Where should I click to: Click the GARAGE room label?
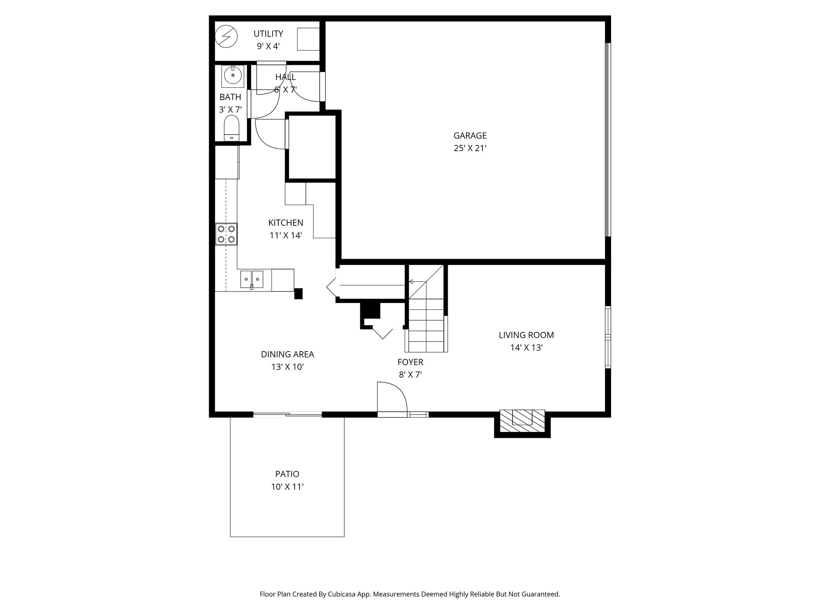click(x=470, y=136)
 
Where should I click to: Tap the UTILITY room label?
click(x=268, y=34)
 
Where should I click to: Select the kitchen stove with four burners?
click(x=226, y=234)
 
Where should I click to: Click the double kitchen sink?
click(x=252, y=279)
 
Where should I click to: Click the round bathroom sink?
click(x=233, y=75)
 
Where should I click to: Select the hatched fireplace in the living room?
click(x=522, y=421)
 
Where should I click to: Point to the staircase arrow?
click(x=416, y=282)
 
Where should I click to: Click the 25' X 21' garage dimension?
click(x=470, y=149)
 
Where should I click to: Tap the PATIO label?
click(x=287, y=474)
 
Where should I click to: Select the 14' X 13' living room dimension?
click(x=526, y=348)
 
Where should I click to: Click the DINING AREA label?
click(x=287, y=355)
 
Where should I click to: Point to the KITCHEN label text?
click(x=285, y=223)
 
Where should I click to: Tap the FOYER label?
click(x=410, y=362)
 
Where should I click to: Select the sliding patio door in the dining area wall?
click(x=287, y=415)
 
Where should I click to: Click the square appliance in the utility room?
click(x=308, y=39)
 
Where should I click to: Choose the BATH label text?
click(x=230, y=97)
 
